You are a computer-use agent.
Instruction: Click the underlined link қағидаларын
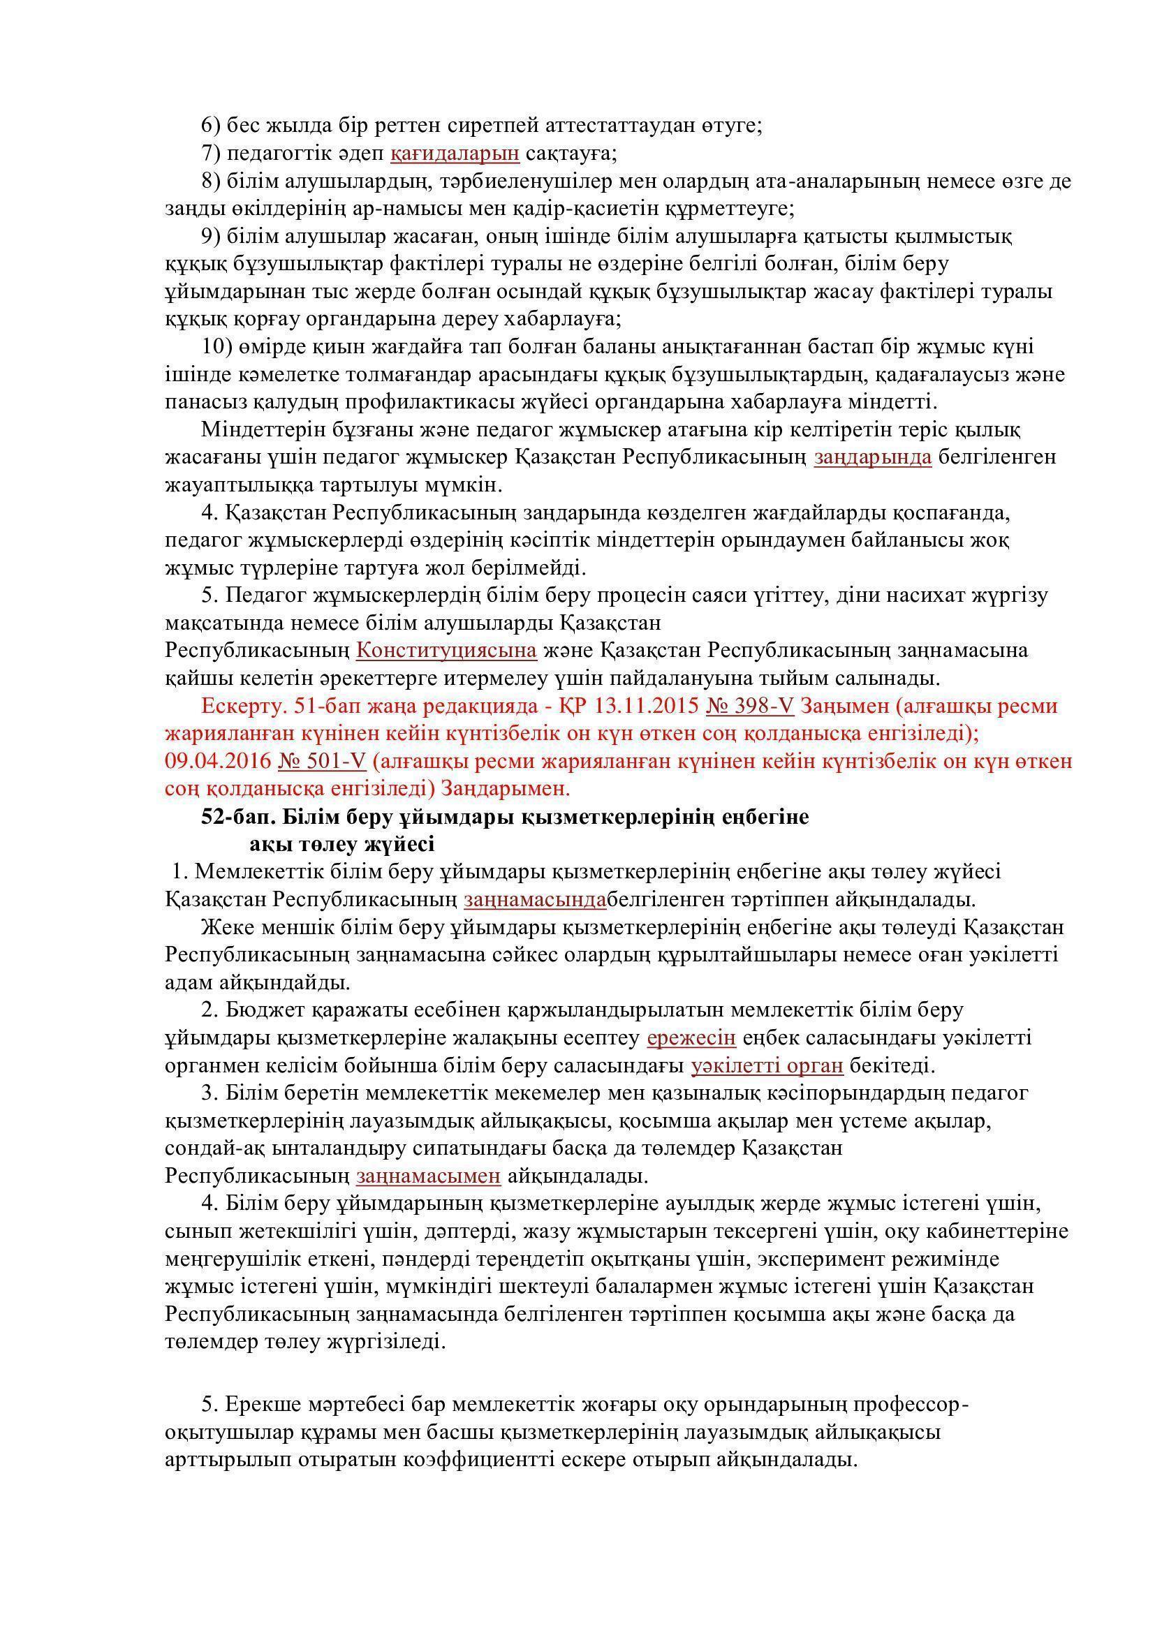(455, 153)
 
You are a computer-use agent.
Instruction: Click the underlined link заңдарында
(873, 457)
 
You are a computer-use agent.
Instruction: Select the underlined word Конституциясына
(446, 651)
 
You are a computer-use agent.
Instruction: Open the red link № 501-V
(321, 762)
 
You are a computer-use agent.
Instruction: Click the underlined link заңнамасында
(535, 900)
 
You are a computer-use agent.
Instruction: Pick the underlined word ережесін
(691, 1038)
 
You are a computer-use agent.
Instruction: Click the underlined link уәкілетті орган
(767, 1066)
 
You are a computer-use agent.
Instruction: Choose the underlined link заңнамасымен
(429, 1177)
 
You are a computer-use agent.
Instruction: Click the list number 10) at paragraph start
(217, 347)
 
